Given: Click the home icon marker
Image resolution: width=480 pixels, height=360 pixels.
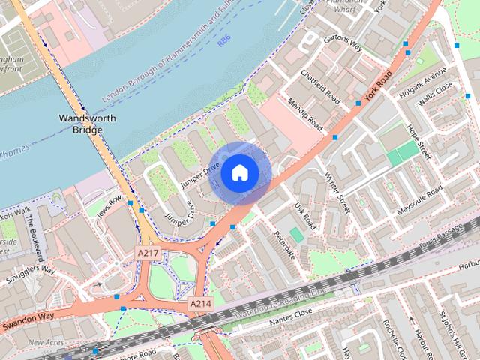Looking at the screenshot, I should (238, 172).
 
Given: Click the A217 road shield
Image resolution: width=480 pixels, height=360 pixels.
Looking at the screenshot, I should (147, 255).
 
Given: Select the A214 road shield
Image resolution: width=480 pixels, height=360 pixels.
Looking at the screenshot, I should (200, 304).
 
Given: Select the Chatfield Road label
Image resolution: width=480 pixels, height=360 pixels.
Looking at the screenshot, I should (320, 87).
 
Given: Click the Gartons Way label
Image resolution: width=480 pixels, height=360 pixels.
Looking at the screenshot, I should (342, 45).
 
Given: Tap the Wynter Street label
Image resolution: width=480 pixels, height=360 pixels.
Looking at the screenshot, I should (338, 193).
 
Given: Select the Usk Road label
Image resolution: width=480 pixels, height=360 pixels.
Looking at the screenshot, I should (304, 215).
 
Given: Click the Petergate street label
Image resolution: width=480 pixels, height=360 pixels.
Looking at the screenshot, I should (281, 241).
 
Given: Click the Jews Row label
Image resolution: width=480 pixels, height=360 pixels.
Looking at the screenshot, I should (108, 206).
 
